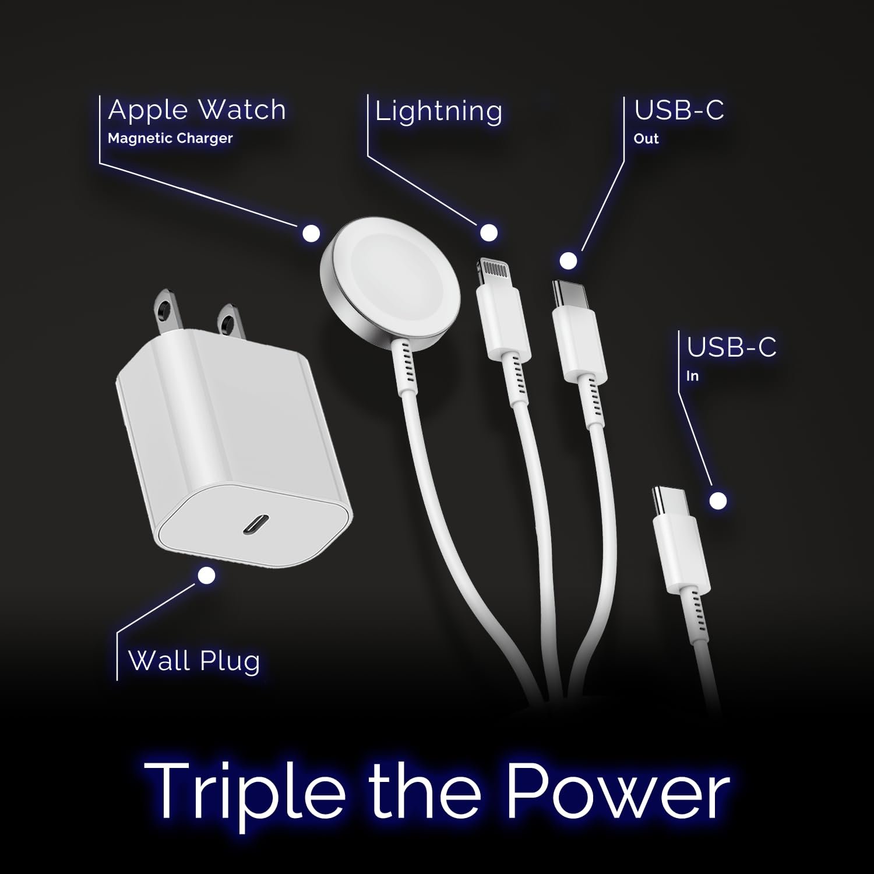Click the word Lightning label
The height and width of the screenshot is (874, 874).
[x=438, y=111]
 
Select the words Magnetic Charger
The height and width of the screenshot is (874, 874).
[x=170, y=138]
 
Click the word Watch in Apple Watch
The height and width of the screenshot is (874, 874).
[x=242, y=110]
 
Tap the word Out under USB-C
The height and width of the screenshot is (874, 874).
[x=646, y=139]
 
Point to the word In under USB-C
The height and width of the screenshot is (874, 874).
[x=692, y=376]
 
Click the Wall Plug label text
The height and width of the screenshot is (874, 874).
[x=194, y=661]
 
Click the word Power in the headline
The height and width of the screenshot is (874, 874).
[x=617, y=791]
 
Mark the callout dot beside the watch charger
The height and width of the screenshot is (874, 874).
[x=311, y=233]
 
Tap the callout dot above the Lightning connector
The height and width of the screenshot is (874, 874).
[x=488, y=232]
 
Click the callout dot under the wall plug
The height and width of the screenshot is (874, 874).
[x=206, y=576]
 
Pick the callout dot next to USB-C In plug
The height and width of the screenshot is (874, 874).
[x=718, y=501]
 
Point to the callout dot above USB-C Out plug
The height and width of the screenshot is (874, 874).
[x=568, y=260]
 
